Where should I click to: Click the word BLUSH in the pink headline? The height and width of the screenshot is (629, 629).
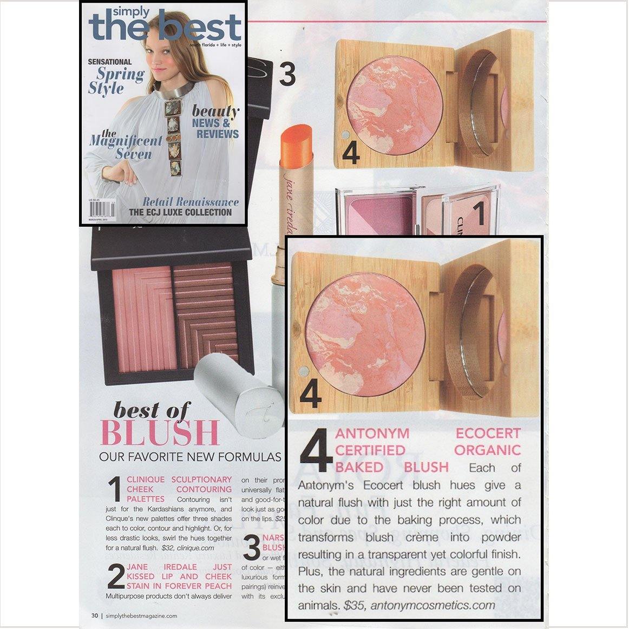click(160, 433)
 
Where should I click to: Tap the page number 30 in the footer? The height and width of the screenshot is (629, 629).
click(95, 615)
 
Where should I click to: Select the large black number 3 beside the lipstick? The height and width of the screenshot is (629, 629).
click(287, 74)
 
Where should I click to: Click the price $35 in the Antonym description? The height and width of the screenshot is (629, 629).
click(354, 605)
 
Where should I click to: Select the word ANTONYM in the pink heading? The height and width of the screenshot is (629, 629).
click(372, 434)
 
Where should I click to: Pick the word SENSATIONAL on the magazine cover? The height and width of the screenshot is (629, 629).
click(110, 62)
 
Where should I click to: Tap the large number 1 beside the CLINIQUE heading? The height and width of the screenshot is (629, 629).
click(114, 489)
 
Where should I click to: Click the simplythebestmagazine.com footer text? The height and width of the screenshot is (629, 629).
click(142, 615)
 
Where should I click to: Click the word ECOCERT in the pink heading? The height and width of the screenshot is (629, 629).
click(488, 434)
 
